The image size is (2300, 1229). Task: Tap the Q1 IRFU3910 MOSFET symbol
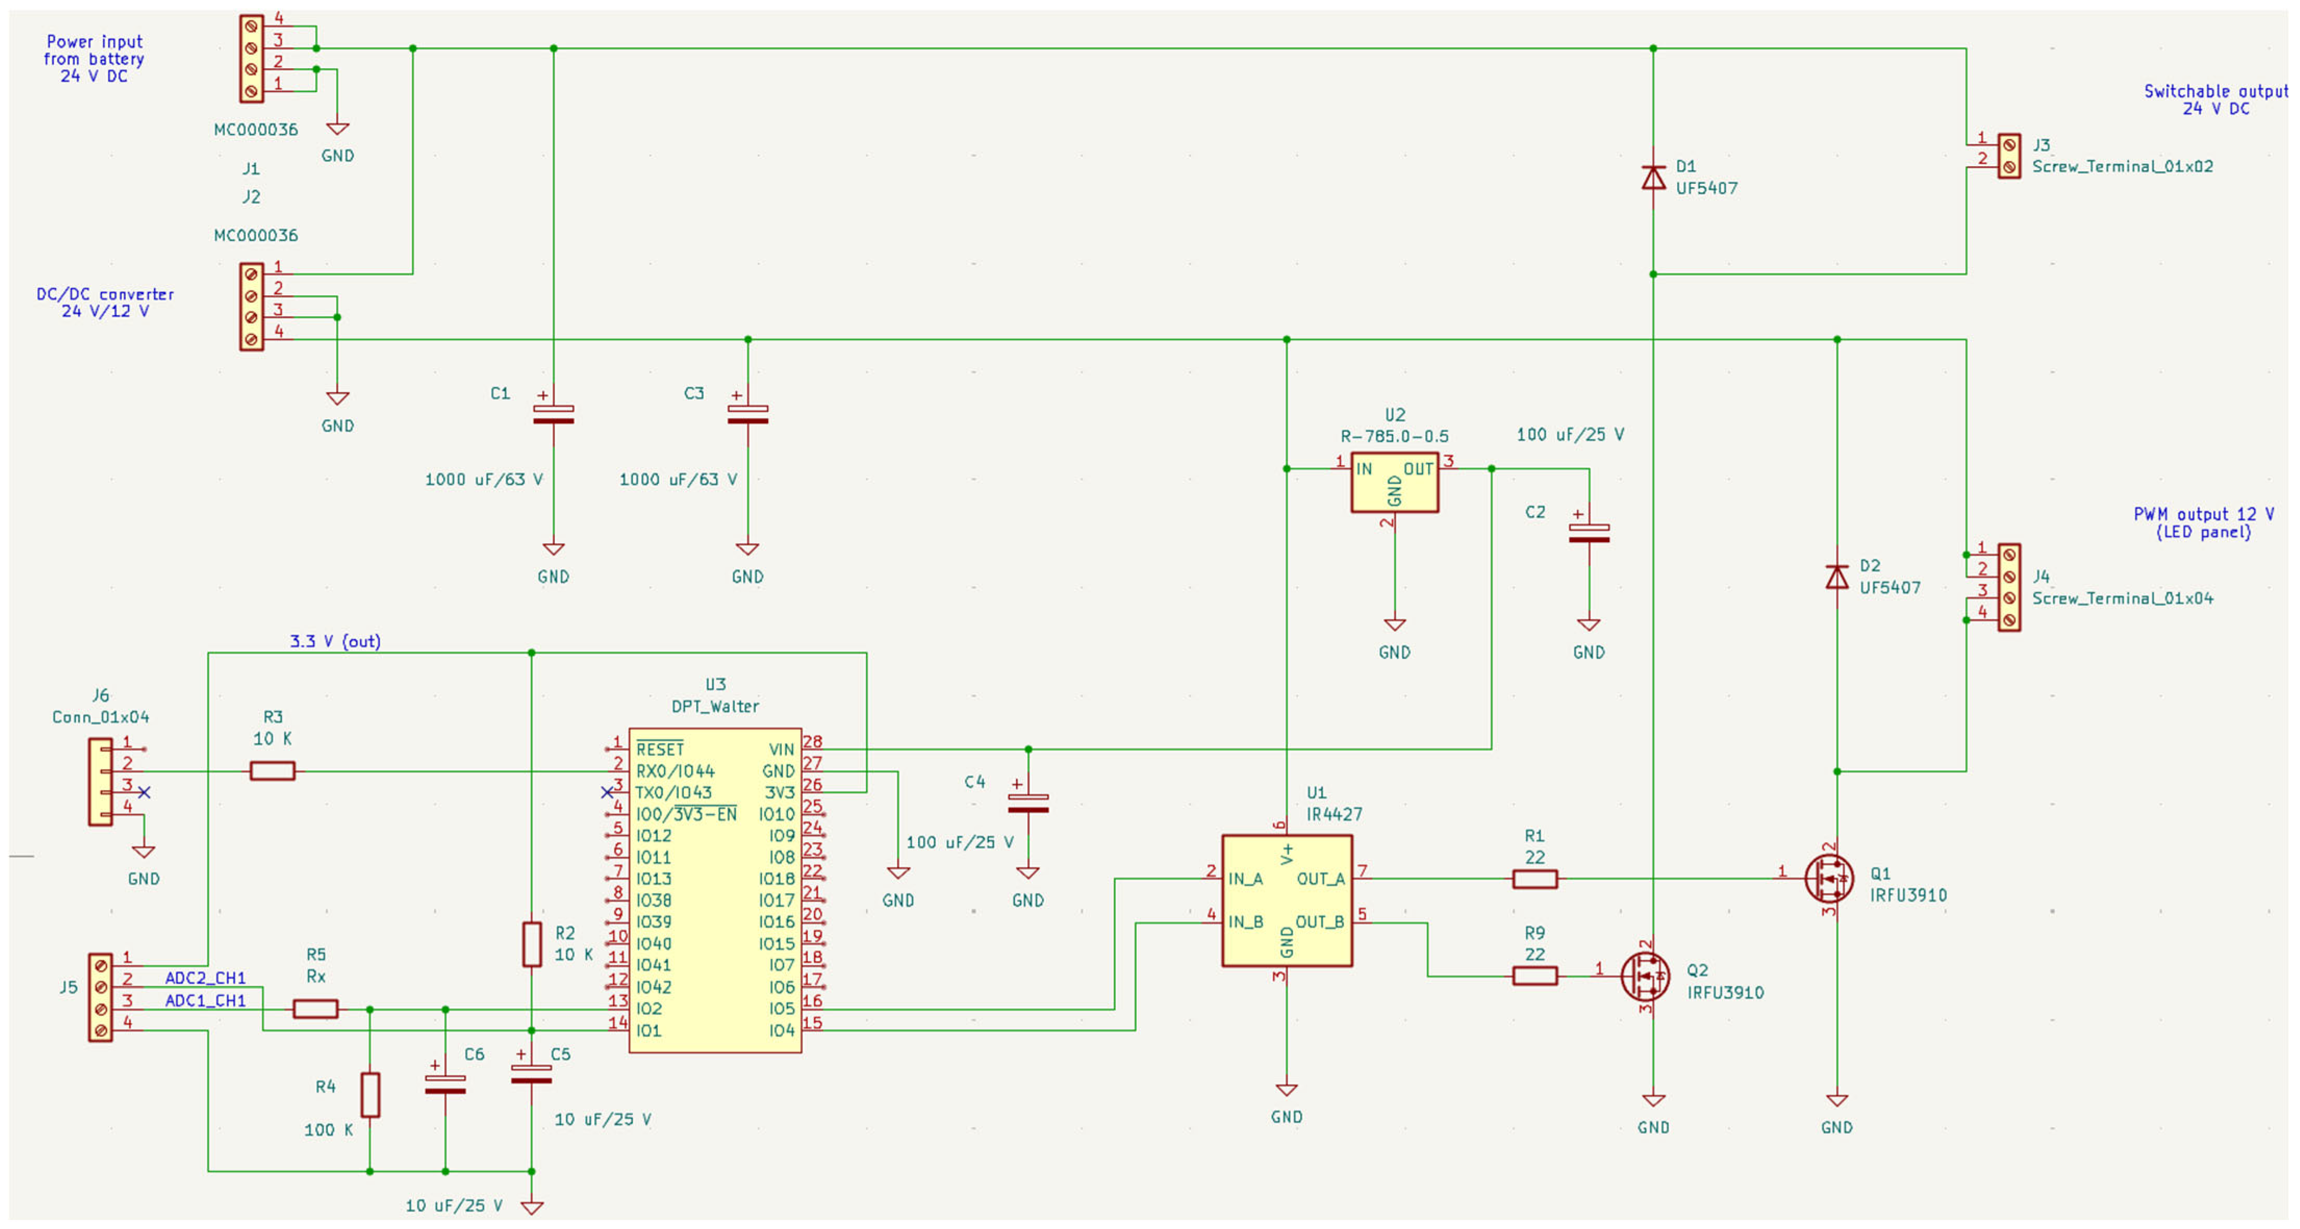[x=1828, y=879]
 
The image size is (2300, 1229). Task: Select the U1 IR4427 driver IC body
[x=1287, y=900]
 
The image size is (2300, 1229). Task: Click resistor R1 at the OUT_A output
[x=1535, y=879]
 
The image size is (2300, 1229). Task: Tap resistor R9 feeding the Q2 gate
[x=1535, y=976]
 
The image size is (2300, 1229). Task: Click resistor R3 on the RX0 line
[x=272, y=771]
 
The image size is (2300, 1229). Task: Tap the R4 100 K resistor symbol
[x=370, y=1095]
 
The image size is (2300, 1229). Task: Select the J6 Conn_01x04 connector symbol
[x=100, y=782]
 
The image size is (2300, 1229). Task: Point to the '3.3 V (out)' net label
[x=335, y=641]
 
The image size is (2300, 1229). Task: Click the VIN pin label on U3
[x=781, y=749]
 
